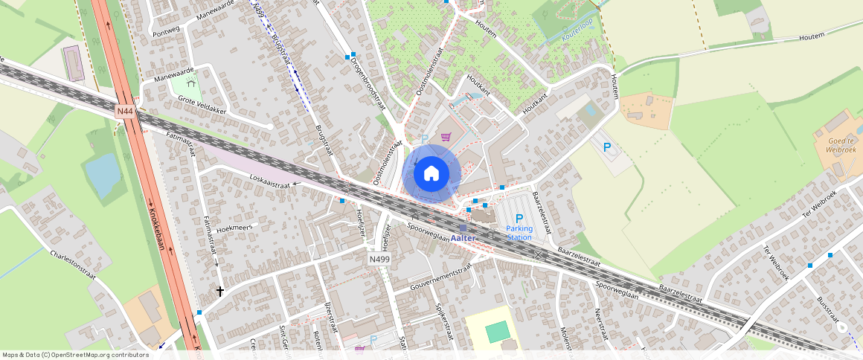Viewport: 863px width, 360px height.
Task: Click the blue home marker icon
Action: [431, 174]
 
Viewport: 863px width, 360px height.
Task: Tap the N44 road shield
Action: [125, 111]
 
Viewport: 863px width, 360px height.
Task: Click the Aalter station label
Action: [463, 237]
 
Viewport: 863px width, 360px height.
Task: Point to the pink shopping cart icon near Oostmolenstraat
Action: [446, 136]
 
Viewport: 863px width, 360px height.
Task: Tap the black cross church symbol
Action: [219, 291]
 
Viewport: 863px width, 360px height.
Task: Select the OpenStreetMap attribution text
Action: [74, 355]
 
